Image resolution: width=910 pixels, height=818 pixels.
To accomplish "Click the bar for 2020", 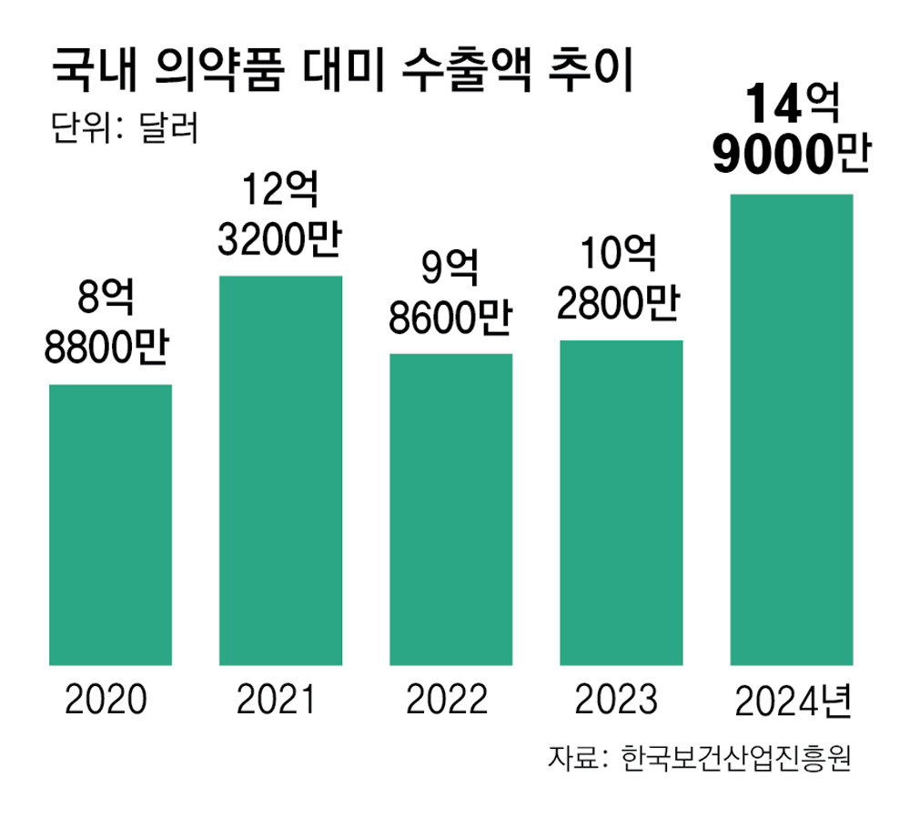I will [x=110, y=524].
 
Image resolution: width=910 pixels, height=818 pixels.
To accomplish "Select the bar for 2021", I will [x=280, y=470].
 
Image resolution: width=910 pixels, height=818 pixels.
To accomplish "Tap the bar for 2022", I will [x=451, y=509].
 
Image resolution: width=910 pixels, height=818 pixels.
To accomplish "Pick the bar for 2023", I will [x=622, y=502].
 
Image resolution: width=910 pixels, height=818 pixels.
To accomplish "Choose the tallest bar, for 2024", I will [x=792, y=429].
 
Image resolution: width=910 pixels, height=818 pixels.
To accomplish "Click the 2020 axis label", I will [x=106, y=700].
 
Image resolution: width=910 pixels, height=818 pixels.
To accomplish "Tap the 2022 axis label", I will [x=447, y=700].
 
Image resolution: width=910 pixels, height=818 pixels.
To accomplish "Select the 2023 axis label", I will [x=617, y=700].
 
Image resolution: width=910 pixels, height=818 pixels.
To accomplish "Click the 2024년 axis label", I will [x=793, y=700].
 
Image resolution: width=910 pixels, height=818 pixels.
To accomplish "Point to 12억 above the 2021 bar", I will [x=280, y=193].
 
